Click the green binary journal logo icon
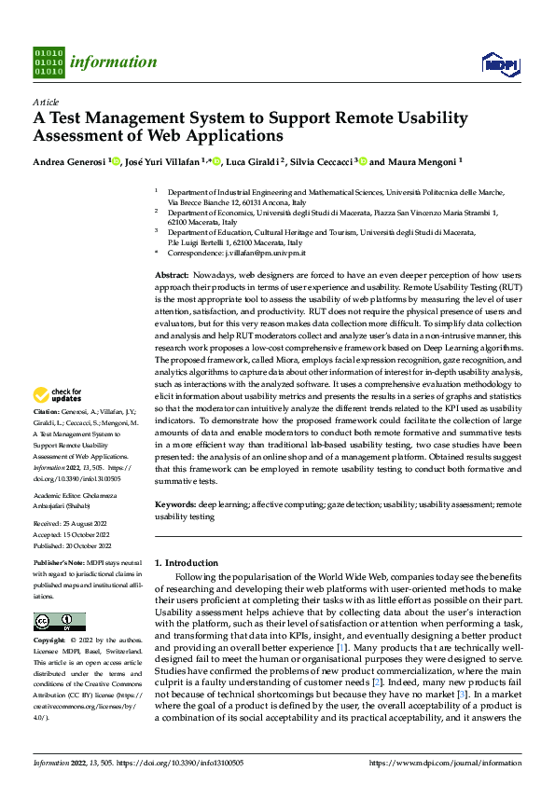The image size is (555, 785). (48, 62)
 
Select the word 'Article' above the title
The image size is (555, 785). (46, 102)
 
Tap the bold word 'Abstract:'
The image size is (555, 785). (172, 277)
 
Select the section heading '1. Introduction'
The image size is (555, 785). (186, 563)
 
